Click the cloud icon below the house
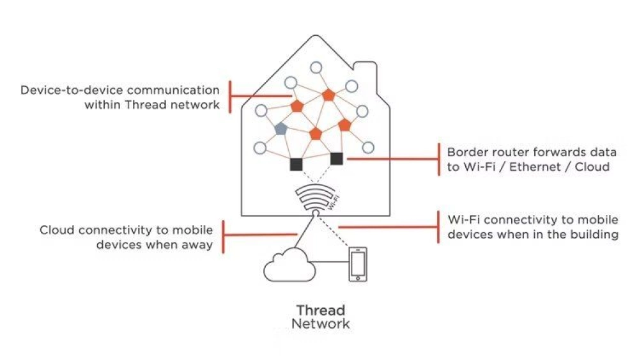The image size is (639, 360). (288, 265)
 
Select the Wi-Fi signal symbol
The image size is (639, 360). (315, 198)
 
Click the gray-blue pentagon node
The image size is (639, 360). (281, 129)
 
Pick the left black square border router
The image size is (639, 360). (296, 164)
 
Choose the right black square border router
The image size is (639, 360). (337, 158)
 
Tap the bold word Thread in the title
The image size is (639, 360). (320, 310)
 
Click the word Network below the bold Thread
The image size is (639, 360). (320, 324)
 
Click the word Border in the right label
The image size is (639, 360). (465, 153)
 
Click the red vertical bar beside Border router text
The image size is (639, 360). (439, 159)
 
